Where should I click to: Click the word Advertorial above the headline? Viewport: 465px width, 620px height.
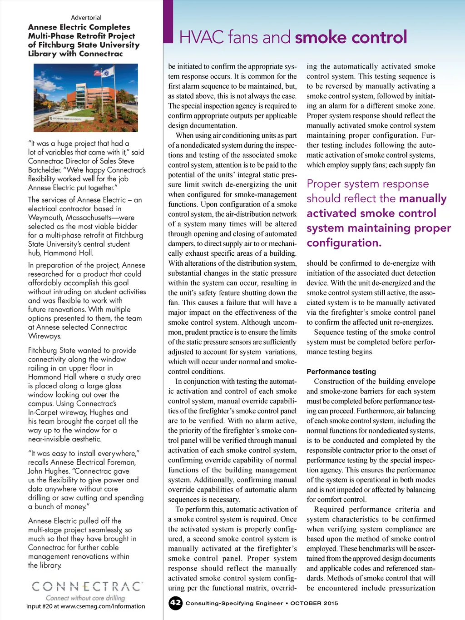[86, 18]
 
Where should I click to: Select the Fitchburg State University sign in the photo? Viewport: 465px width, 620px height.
[66, 119]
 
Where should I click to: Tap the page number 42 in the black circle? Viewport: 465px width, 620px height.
[175, 603]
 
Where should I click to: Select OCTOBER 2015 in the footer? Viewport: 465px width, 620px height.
[314, 603]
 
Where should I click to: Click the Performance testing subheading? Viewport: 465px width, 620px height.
[341, 372]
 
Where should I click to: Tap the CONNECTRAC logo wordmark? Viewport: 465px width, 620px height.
[86, 586]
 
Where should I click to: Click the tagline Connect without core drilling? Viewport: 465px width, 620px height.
[85, 598]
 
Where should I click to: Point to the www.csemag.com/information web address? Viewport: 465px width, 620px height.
[103, 606]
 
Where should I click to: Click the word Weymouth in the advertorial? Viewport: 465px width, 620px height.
[46, 218]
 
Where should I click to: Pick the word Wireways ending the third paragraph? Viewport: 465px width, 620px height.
[45, 336]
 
